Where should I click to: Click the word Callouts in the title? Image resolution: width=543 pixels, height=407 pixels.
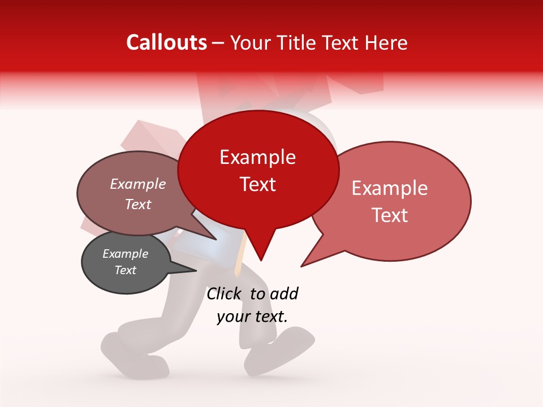(166, 42)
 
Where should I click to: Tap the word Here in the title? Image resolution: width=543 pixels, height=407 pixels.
(385, 42)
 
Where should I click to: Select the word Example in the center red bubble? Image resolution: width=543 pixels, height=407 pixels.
(257, 157)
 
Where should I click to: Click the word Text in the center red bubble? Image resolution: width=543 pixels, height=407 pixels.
(257, 184)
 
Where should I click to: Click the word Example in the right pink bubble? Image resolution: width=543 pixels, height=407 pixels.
(390, 188)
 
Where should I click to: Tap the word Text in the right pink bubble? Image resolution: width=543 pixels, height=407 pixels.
(390, 215)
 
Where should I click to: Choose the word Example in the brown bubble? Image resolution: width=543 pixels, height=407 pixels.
(138, 184)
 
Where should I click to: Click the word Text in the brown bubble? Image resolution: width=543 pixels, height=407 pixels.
(138, 204)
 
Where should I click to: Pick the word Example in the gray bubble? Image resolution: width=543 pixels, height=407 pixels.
(125, 254)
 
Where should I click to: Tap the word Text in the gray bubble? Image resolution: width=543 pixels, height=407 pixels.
(125, 270)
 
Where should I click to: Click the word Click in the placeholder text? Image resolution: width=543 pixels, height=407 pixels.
(225, 293)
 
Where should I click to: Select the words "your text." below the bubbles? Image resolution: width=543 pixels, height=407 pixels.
(252, 317)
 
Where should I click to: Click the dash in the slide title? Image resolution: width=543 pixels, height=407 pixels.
(219, 43)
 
